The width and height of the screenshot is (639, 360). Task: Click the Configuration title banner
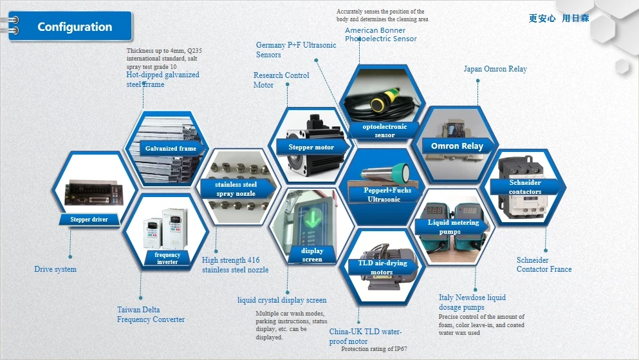pyautogui.click(x=75, y=27)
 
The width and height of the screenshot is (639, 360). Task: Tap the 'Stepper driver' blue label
pyautogui.click(x=89, y=220)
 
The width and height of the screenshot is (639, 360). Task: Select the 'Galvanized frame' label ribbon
pyautogui.click(x=171, y=149)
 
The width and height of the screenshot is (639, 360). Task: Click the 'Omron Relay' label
pyautogui.click(x=457, y=146)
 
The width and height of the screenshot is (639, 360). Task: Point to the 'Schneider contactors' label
pyautogui.click(x=525, y=187)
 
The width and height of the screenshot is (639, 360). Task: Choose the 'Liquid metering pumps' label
pyautogui.click(x=454, y=227)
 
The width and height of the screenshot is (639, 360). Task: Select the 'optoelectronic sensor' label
pyautogui.click(x=385, y=131)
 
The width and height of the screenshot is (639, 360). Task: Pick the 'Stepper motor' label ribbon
pyautogui.click(x=311, y=147)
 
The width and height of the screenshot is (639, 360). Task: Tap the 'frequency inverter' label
pyautogui.click(x=167, y=258)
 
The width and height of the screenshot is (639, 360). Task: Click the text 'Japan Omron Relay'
pyautogui.click(x=495, y=69)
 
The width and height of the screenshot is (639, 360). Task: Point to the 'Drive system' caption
pyautogui.click(x=55, y=269)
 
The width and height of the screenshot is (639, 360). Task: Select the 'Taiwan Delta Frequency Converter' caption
pyautogui.click(x=151, y=315)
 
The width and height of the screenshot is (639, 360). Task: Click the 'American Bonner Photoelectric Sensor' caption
pyautogui.click(x=380, y=35)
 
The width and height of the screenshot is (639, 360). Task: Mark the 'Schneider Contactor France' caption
pyautogui.click(x=544, y=265)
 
